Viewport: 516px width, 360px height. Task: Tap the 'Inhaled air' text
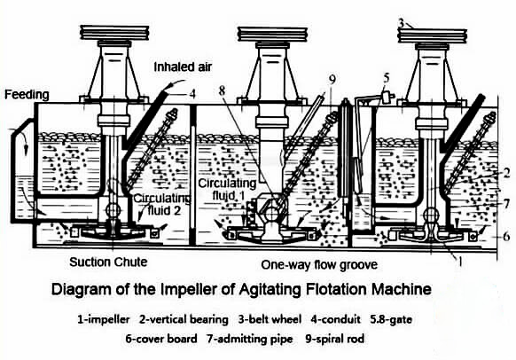click(184, 67)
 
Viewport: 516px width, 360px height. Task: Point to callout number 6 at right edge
click(506, 238)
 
